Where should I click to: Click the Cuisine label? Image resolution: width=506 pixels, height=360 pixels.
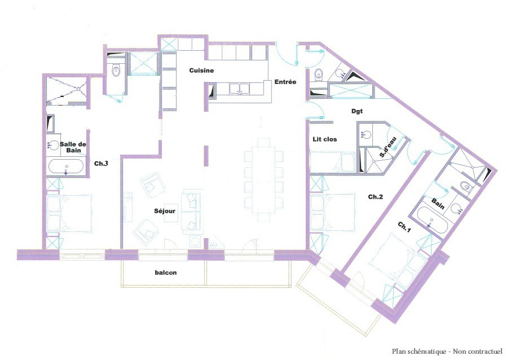(201, 71)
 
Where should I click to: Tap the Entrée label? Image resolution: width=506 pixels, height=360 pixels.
(285, 82)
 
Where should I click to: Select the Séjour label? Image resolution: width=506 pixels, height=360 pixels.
(165, 211)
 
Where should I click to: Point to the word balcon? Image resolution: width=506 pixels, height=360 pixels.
(166, 273)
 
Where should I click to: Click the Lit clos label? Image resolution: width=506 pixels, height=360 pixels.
(324, 139)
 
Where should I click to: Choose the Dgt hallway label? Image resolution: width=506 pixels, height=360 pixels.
(357, 111)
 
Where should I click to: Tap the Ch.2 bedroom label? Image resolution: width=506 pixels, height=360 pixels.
(376, 197)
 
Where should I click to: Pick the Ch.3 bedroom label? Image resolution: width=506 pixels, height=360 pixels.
(101, 164)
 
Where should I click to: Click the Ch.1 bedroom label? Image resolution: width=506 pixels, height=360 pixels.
(404, 227)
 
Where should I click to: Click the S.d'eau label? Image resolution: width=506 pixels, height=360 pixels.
(388, 147)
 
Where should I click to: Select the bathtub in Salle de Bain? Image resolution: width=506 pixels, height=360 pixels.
(66, 167)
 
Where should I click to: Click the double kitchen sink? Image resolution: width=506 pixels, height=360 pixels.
(239, 89)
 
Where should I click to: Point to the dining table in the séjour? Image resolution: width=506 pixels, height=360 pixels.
(264, 179)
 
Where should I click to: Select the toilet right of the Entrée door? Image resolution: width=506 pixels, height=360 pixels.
(319, 75)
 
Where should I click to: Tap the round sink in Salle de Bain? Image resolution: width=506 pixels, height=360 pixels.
(53, 145)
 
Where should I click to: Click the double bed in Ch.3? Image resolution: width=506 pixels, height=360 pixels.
(69, 213)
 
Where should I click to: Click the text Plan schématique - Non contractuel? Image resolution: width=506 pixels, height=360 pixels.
(447, 352)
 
